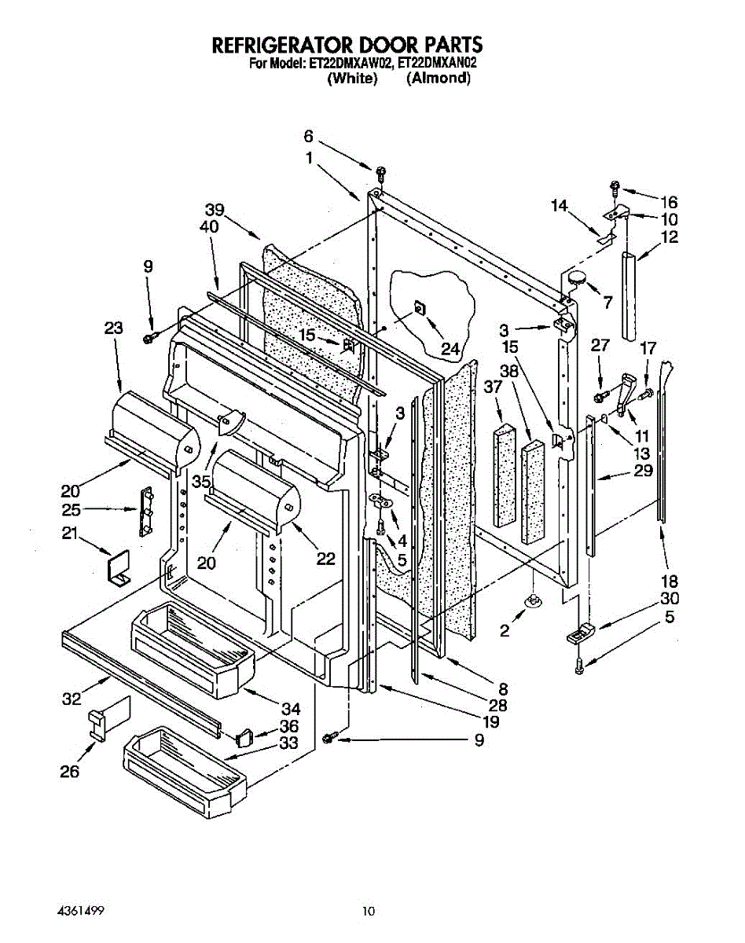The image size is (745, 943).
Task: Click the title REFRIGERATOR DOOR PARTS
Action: (x=347, y=45)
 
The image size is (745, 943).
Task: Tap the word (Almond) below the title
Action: (x=439, y=79)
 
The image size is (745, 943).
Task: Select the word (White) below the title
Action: (x=351, y=79)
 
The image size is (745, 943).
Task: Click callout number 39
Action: (x=215, y=210)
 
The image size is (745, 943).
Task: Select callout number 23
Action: (x=114, y=328)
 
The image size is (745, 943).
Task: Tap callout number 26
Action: (x=70, y=772)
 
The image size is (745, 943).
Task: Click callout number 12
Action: (x=670, y=237)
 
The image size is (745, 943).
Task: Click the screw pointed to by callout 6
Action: (x=381, y=171)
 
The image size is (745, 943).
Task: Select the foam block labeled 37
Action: (x=502, y=477)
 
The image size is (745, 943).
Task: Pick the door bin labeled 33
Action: (x=185, y=765)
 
